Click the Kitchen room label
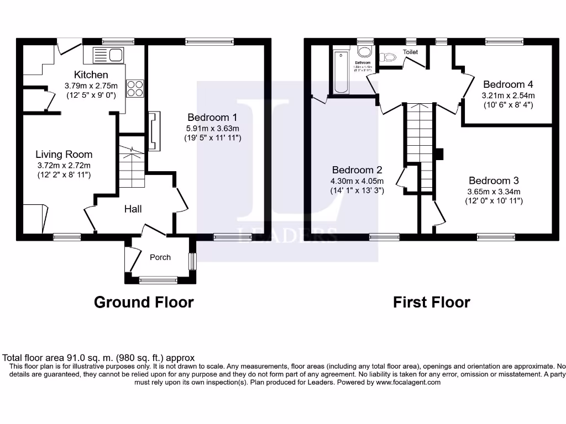(x=91, y=75)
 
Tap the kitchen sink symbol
(x=108, y=55)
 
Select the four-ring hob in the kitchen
(x=135, y=88)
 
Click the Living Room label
(x=64, y=154)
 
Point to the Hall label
(x=133, y=209)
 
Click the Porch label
(x=160, y=257)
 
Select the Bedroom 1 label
(x=212, y=117)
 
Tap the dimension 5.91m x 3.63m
(x=212, y=128)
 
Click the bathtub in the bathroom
(x=339, y=72)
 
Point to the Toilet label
(x=410, y=52)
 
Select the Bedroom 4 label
(x=508, y=84)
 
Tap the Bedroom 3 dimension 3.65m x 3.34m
(x=494, y=191)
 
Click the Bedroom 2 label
(x=357, y=170)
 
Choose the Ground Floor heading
(x=144, y=302)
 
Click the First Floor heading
(x=431, y=302)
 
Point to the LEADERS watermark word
(x=287, y=234)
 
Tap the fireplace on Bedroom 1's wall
(x=154, y=131)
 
